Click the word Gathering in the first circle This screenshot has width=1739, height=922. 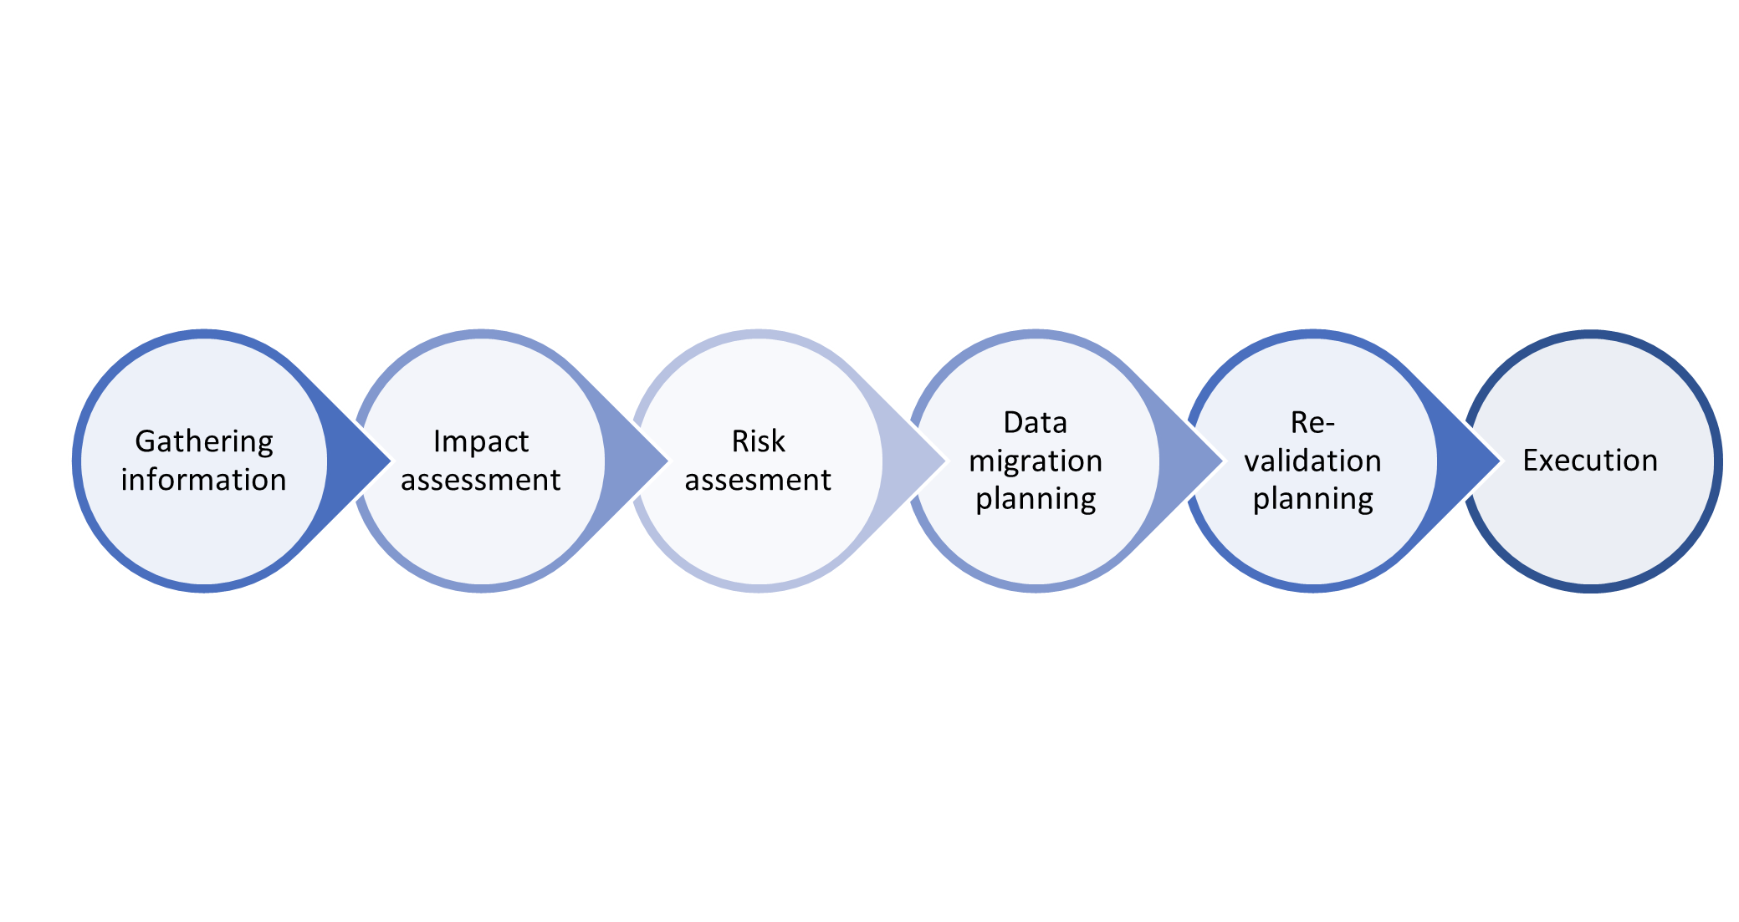pyautogui.click(x=204, y=441)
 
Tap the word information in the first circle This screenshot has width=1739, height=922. pyautogui.click(x=204, y=480)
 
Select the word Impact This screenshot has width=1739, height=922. pyautogui.click(x=481, y=441)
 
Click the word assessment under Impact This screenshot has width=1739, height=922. pyautogui.click(x=481, y=480)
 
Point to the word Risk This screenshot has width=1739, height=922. pyautogui.click(x=759, y=441)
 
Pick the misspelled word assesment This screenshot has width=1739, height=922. pyautogui.click(x=759, y=480)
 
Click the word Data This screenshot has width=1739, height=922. pyautogui.click(x=1036, y=423)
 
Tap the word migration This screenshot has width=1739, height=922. pyautogui.click(x=1036, y=461)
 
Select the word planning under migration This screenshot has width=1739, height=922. pyautogui.click(x=1036, y=499)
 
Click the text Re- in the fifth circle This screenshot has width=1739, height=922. pyautogui.click(x=1313, y=423)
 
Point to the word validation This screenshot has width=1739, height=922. pyautogui.click(x=1313, y=461)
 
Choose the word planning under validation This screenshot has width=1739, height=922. pyautogui.click(x=1313, y=499)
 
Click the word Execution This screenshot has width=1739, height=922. pyautogui.click(x=1590, y=461)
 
